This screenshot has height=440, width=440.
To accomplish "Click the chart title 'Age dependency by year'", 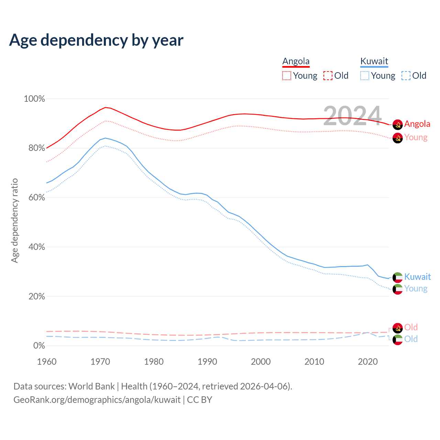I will coord(96,40).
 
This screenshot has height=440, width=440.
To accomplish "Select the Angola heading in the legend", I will coord(296,62).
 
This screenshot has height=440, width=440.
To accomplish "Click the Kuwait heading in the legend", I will coord(374,62).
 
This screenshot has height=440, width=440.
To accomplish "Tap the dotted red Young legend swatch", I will coord(287,76).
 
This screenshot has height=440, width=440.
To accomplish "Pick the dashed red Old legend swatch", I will coord(328,76).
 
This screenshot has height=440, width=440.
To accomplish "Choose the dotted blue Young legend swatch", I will coord(365,76).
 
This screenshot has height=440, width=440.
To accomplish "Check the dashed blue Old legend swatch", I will coord(406,76).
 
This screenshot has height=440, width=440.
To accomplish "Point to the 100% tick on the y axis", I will coord(34,99).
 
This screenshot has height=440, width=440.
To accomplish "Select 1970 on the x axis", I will coord(100,362).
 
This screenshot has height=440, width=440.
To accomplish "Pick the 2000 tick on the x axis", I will coord(261,362).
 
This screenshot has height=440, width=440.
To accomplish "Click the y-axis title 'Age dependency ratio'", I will coord(14,220).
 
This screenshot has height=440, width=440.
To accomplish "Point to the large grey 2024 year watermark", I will coord(352,116).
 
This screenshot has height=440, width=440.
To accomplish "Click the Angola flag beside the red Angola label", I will coord(398,124).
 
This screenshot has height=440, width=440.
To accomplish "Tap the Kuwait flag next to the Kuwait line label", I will coord(398,277).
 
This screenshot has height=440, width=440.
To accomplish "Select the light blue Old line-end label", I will coord(411,339).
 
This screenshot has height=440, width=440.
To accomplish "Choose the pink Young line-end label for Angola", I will coord(416,137).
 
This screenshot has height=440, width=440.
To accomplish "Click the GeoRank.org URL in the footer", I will coord(97,400).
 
